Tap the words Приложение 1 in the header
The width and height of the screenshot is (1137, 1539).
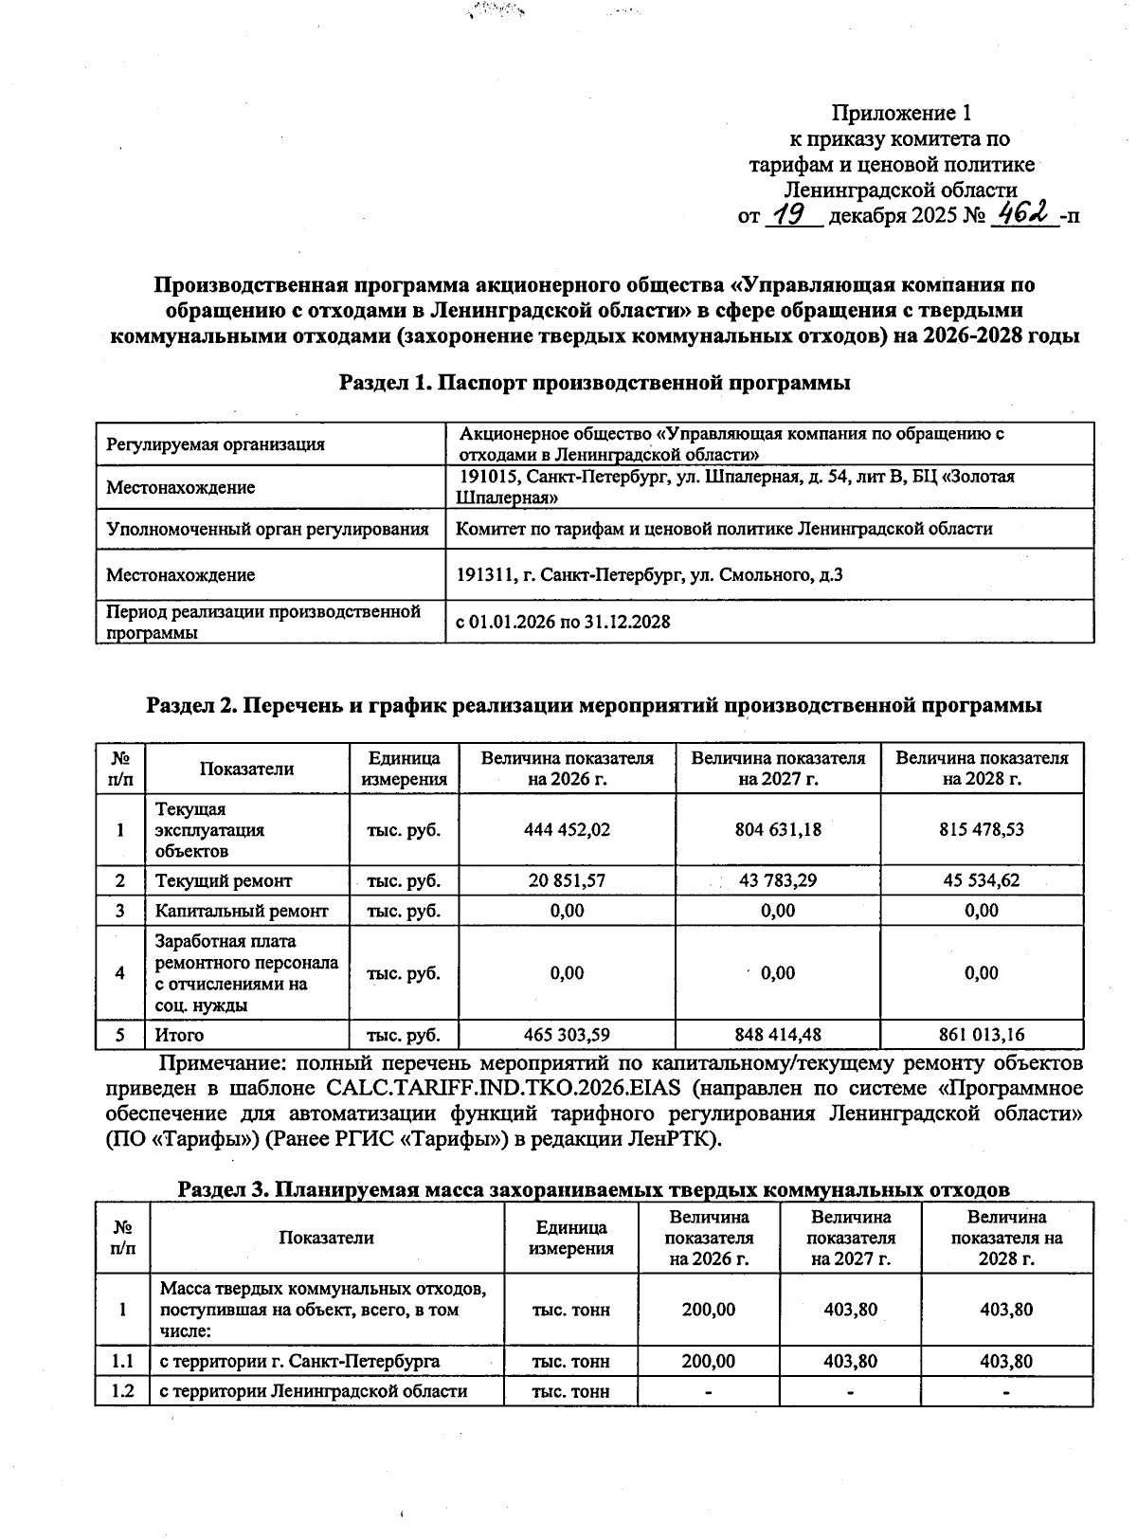(x=901, y=114)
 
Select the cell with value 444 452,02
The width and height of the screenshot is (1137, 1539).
(x=567, y=829)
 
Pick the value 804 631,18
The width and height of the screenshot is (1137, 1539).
(x=777, y=829)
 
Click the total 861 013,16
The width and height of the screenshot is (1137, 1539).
(x=982, y=1035)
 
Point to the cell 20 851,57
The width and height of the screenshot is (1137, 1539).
(x=567, y=880)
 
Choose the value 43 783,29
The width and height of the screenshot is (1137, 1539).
(x=777, y=880)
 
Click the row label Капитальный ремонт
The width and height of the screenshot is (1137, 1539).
(x=242, y=911)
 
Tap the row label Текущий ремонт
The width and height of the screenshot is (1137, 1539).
(x=224, y=880)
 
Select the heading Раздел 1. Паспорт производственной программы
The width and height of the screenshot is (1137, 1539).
(x=594, y=383)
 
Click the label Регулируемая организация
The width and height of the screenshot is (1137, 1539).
(x=215, y=444)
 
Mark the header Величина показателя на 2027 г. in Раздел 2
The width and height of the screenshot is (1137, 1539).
(x=777, y=769)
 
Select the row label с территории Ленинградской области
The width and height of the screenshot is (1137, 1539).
(x=314, y=1391)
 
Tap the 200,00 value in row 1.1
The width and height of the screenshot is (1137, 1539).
(x=708, y=1361)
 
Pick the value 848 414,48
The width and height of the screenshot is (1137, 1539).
(x=777, y=1035)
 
